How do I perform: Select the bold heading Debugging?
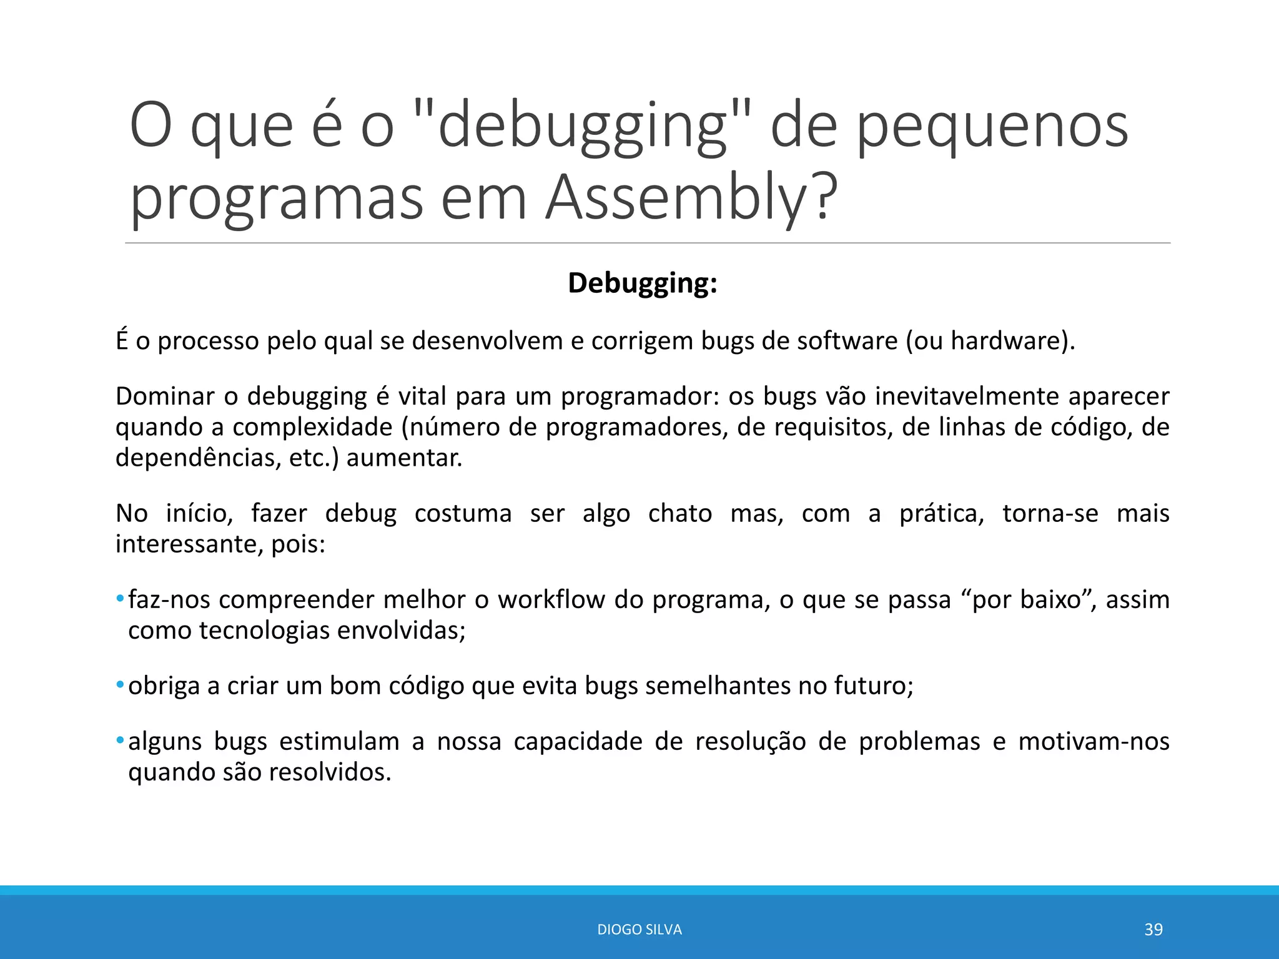tap(642, 283)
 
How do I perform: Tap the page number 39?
tap(1153, 930)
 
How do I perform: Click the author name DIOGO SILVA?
tap(639, 930)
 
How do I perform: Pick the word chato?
tap(679, 514)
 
